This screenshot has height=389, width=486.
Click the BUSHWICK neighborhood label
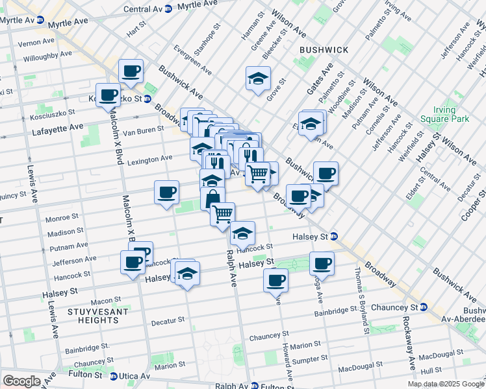(324, 50)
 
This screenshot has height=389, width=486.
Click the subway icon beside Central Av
(168, 9)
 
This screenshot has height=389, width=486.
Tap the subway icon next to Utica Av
(114, 376)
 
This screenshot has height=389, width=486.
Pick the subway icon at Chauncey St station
(423, 307)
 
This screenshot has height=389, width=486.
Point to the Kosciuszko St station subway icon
(147, 99)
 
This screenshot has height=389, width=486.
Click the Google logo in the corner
(21, 381)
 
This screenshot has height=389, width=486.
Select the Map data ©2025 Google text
(446, 384)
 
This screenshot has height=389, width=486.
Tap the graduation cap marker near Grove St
(258, 79)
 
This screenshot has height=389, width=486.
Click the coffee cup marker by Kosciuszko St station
(109, 96)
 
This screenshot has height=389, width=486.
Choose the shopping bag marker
(213, 199)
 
